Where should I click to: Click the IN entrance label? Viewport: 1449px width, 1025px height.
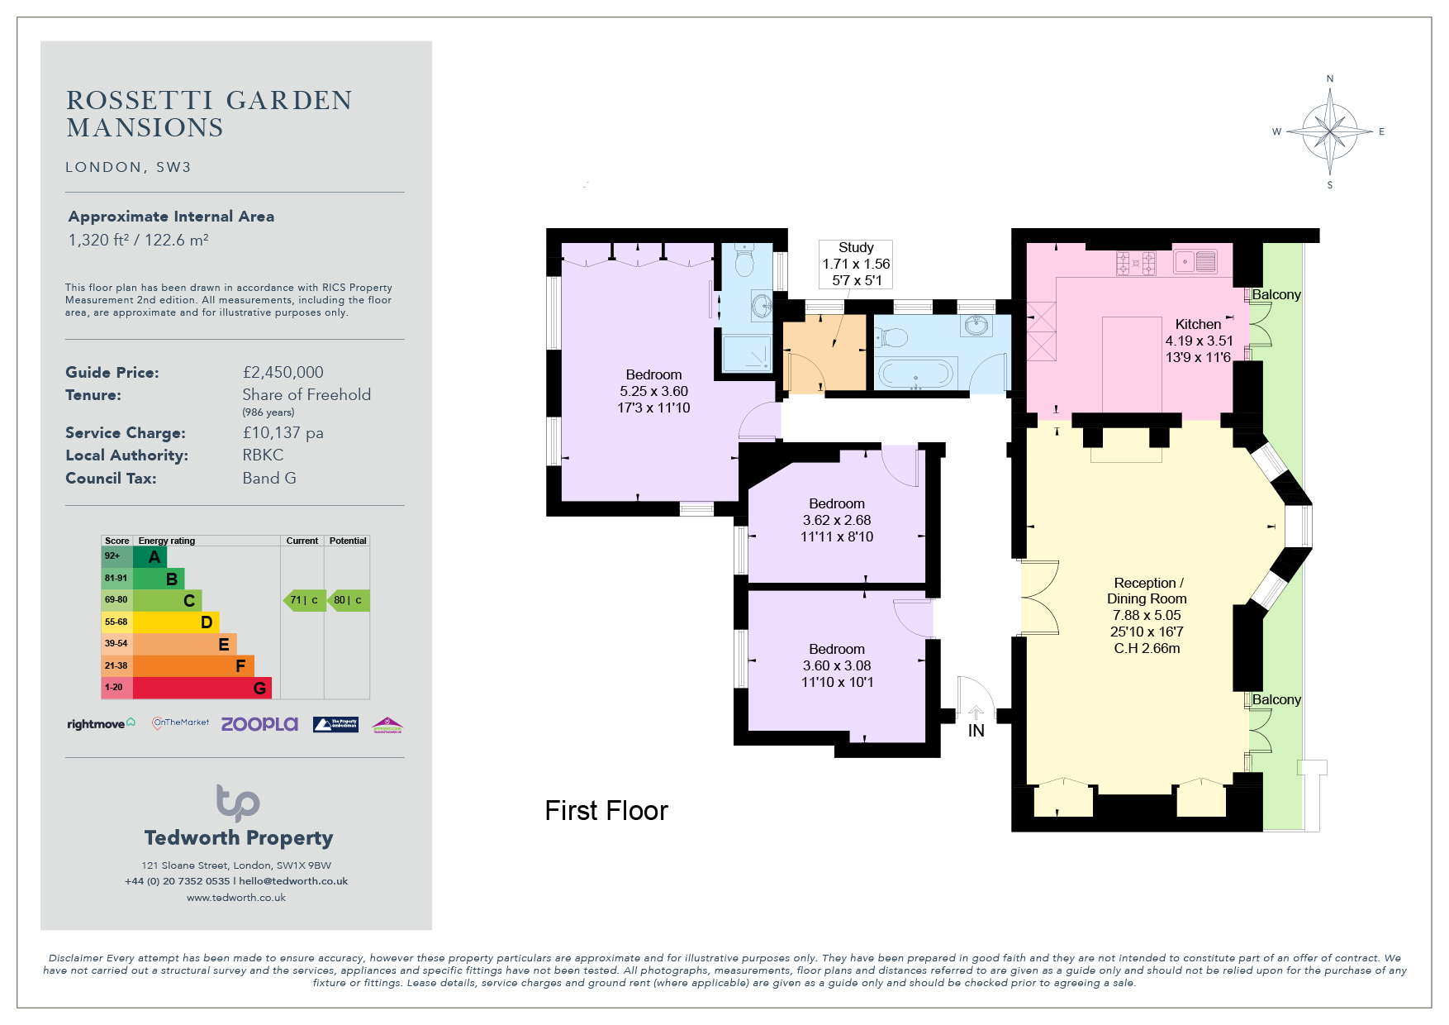(976, 731)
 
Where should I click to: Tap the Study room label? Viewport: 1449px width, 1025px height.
(856, 247)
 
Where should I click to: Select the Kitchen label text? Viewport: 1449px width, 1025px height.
(1198, 324)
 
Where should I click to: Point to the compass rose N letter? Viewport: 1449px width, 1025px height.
(1330, 79)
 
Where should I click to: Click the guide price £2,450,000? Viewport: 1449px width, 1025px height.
(283, 373)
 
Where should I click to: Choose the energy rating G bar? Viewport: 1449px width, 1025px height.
(202, 688)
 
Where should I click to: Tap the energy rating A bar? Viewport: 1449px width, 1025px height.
(150, 556)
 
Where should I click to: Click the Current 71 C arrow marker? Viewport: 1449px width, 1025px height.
(303, 600)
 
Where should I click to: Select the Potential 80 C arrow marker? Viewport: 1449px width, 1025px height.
(348, 600)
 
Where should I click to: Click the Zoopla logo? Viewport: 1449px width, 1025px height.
(259, 724)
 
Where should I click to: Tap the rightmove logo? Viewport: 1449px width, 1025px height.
(101, 724)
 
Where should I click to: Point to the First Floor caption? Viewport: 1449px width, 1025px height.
(606, 811)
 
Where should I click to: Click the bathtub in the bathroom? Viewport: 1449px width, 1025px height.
(916, 373)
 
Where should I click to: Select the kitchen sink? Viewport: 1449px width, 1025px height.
(1195, 262)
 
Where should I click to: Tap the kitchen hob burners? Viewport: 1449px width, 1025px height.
(1136, 263)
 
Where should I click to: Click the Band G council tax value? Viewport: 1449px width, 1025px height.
(269, 479)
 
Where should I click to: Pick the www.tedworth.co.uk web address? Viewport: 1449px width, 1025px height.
(236, 898)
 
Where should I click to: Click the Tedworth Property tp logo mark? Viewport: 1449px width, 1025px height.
(238, 803)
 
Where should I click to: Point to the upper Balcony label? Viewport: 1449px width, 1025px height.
(1276, 295)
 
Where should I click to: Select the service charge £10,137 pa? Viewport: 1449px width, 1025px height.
(283, 433)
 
